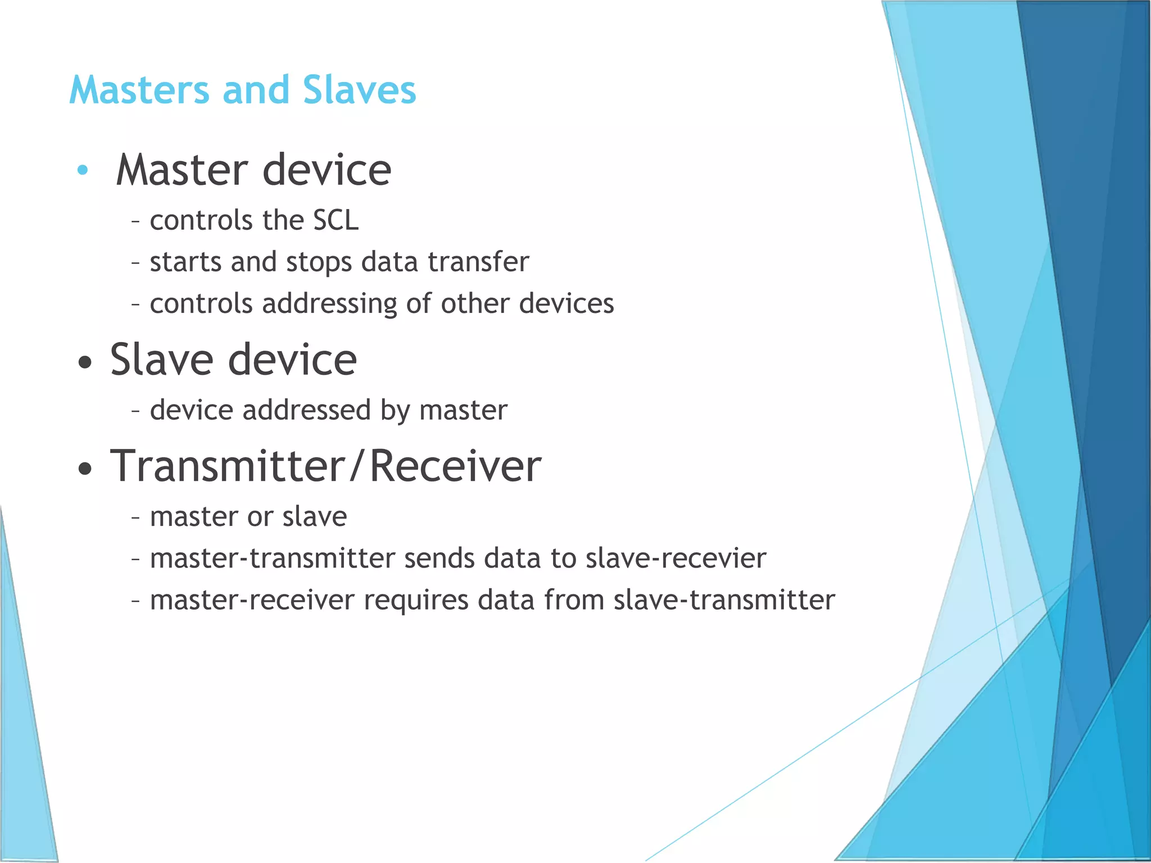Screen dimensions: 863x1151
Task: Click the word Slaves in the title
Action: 359,90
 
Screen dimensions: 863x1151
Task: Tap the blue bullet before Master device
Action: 83,170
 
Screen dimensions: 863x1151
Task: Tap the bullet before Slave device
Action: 84,362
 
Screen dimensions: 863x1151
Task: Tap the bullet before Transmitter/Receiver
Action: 84,469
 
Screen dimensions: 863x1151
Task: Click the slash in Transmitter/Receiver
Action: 355,466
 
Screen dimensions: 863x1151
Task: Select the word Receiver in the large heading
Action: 455,466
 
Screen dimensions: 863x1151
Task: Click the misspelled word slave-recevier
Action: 676,558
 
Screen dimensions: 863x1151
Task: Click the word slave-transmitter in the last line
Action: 724,600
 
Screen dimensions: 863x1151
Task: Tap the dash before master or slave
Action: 135,517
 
